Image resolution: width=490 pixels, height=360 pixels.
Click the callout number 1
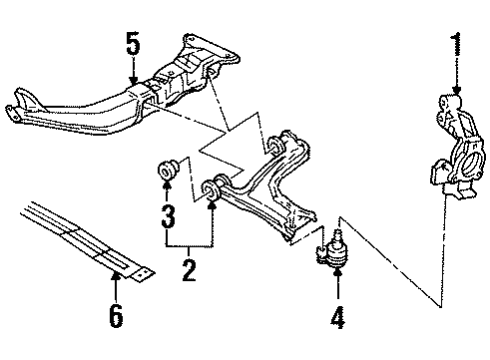click(x=457, y=45)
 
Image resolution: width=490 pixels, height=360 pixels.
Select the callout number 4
click(x=337, y=319)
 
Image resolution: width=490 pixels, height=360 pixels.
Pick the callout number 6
click(x=116, y=317)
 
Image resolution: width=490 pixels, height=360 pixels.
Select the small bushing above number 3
click(x=168, y=172)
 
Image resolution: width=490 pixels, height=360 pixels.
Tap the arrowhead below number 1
click(x=457, y=92)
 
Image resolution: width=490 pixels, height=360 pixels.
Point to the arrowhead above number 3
click(x=168, y=193)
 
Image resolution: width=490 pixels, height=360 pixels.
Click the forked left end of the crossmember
click(x=15, y=104)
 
